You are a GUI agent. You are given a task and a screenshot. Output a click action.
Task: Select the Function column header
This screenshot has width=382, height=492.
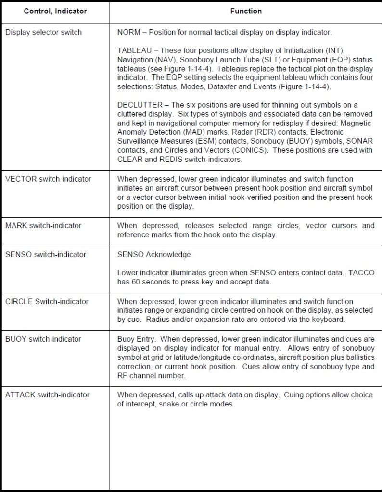tap(246, 11)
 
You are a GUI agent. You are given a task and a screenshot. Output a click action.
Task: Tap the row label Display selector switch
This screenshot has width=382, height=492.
tap(43, 33)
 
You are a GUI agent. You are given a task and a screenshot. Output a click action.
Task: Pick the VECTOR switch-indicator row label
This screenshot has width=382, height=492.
tap(48, 179)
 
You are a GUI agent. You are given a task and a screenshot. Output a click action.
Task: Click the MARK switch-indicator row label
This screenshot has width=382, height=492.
tap(43, 225)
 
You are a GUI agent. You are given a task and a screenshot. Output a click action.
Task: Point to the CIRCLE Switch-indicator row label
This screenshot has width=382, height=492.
tap(47, 301)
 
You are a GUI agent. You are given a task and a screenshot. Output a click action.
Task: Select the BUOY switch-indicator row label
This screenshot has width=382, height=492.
tap(43, 339)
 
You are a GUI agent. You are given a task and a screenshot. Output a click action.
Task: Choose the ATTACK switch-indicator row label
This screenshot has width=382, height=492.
tap(47, 394)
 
